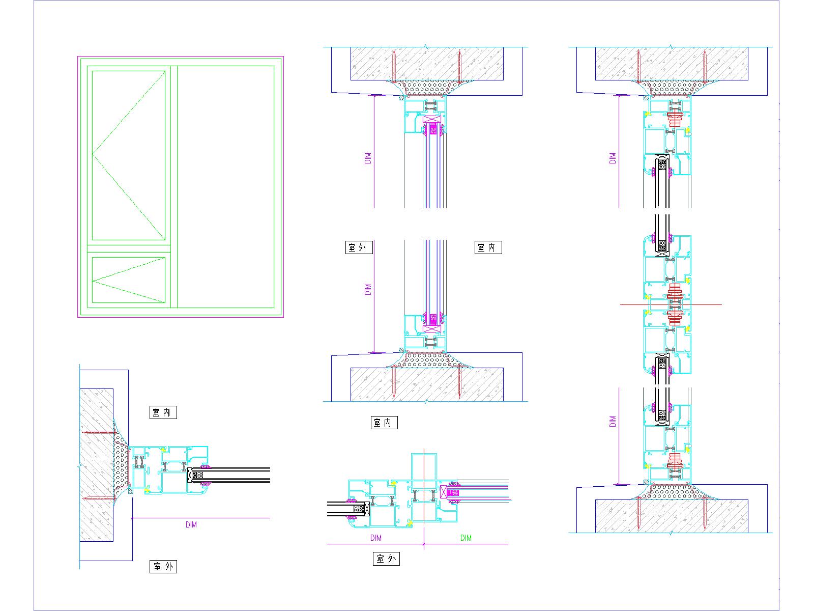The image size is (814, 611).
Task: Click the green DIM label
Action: tap(466, 538)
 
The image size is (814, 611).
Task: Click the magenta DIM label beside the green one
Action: tap(376, 538)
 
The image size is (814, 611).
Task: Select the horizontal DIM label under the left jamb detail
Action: tap(191, 524)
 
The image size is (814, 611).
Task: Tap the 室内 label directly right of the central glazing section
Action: tap(488, 248)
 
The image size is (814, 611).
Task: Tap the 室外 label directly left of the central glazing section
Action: tap(358, 248)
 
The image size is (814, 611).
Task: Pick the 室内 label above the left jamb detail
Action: tap(163, 412)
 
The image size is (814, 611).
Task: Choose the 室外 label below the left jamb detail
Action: tap(163, 566)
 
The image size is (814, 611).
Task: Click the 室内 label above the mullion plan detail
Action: tap(384, 423)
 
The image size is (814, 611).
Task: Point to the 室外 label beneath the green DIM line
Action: tap(386, 559)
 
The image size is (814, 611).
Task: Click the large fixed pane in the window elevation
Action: tap(226, 186)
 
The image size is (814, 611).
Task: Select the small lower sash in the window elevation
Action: tap(129, 280)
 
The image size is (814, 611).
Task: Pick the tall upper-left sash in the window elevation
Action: tap(129, 155)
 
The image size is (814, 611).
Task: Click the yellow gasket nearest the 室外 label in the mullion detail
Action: tap(410, 522)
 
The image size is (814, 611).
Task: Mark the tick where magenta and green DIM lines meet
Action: tap(424, 544)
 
